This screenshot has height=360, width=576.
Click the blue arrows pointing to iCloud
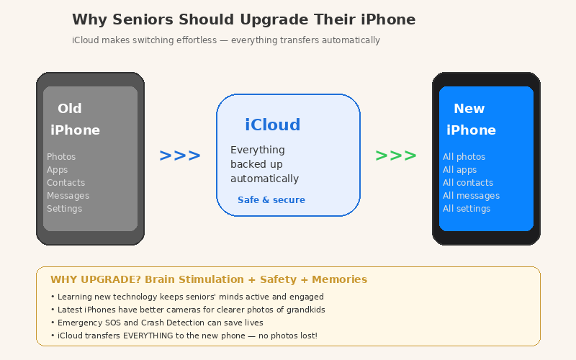(x=179, y=156)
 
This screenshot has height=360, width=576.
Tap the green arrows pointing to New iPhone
(x=395, y=156)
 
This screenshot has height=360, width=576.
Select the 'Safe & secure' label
(x=271, y=200)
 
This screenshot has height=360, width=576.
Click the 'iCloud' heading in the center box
(x=273, y=125)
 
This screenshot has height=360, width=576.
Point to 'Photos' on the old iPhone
(x=61, y=157)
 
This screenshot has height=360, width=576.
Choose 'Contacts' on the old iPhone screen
(x=66, y=183)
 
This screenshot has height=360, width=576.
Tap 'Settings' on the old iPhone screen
(x=64, y=209)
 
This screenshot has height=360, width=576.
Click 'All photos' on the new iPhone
(x=464, y=157)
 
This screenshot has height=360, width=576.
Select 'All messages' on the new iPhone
(x=471, y=196)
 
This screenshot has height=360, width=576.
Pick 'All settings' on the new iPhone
(x=467, y=209)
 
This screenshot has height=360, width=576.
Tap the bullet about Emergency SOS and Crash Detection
(x=160, y=323)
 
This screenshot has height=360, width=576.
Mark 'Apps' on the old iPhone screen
(x=57, y=170)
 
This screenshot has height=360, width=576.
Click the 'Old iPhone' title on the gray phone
(x=75, y=120)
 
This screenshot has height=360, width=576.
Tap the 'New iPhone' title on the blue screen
(x=471, y=120)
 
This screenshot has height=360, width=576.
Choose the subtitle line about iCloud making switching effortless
(x=226, y=40)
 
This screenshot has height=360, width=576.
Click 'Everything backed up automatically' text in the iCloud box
(x=264, y=164)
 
